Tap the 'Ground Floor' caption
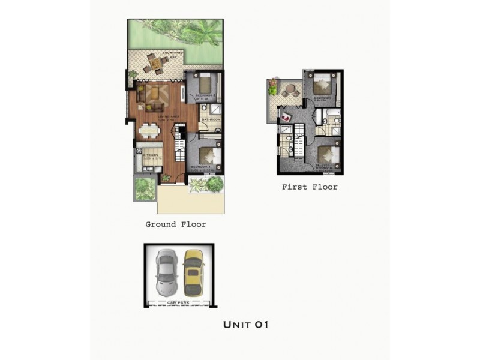176,224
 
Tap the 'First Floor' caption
310,187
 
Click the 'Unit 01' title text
245,325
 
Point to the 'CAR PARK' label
179,302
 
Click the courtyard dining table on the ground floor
155,62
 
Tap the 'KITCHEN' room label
150,155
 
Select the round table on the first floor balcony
290,90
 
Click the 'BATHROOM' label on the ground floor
211,120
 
